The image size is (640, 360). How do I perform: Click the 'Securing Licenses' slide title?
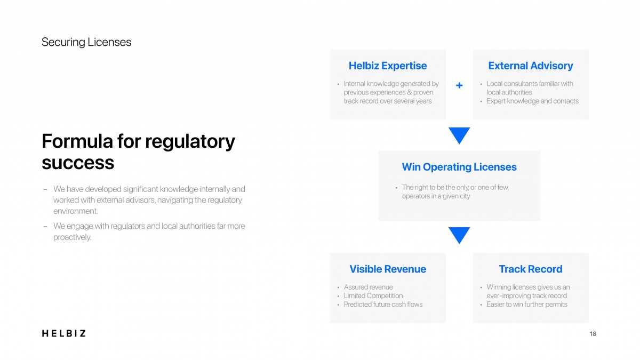86,42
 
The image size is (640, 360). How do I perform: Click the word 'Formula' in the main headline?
77,141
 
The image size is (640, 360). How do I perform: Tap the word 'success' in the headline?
78,163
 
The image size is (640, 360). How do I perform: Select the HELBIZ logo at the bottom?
63,333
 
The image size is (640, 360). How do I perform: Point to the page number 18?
593,334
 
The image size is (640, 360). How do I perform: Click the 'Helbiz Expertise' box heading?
388,66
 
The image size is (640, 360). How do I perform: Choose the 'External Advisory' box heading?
531,66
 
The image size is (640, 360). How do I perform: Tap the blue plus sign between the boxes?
459,85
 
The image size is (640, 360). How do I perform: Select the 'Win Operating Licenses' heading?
459,167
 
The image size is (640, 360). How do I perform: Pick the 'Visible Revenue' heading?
388,269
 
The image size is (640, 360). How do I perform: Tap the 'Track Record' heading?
531,269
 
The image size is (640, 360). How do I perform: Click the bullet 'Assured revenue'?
369,287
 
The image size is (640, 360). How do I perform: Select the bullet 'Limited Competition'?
373,295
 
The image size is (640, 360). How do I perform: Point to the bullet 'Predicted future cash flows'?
383,305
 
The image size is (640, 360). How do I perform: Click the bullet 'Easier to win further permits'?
527,305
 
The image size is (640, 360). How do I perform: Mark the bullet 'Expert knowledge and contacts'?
533,101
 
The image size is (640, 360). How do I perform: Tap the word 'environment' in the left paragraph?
75,211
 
